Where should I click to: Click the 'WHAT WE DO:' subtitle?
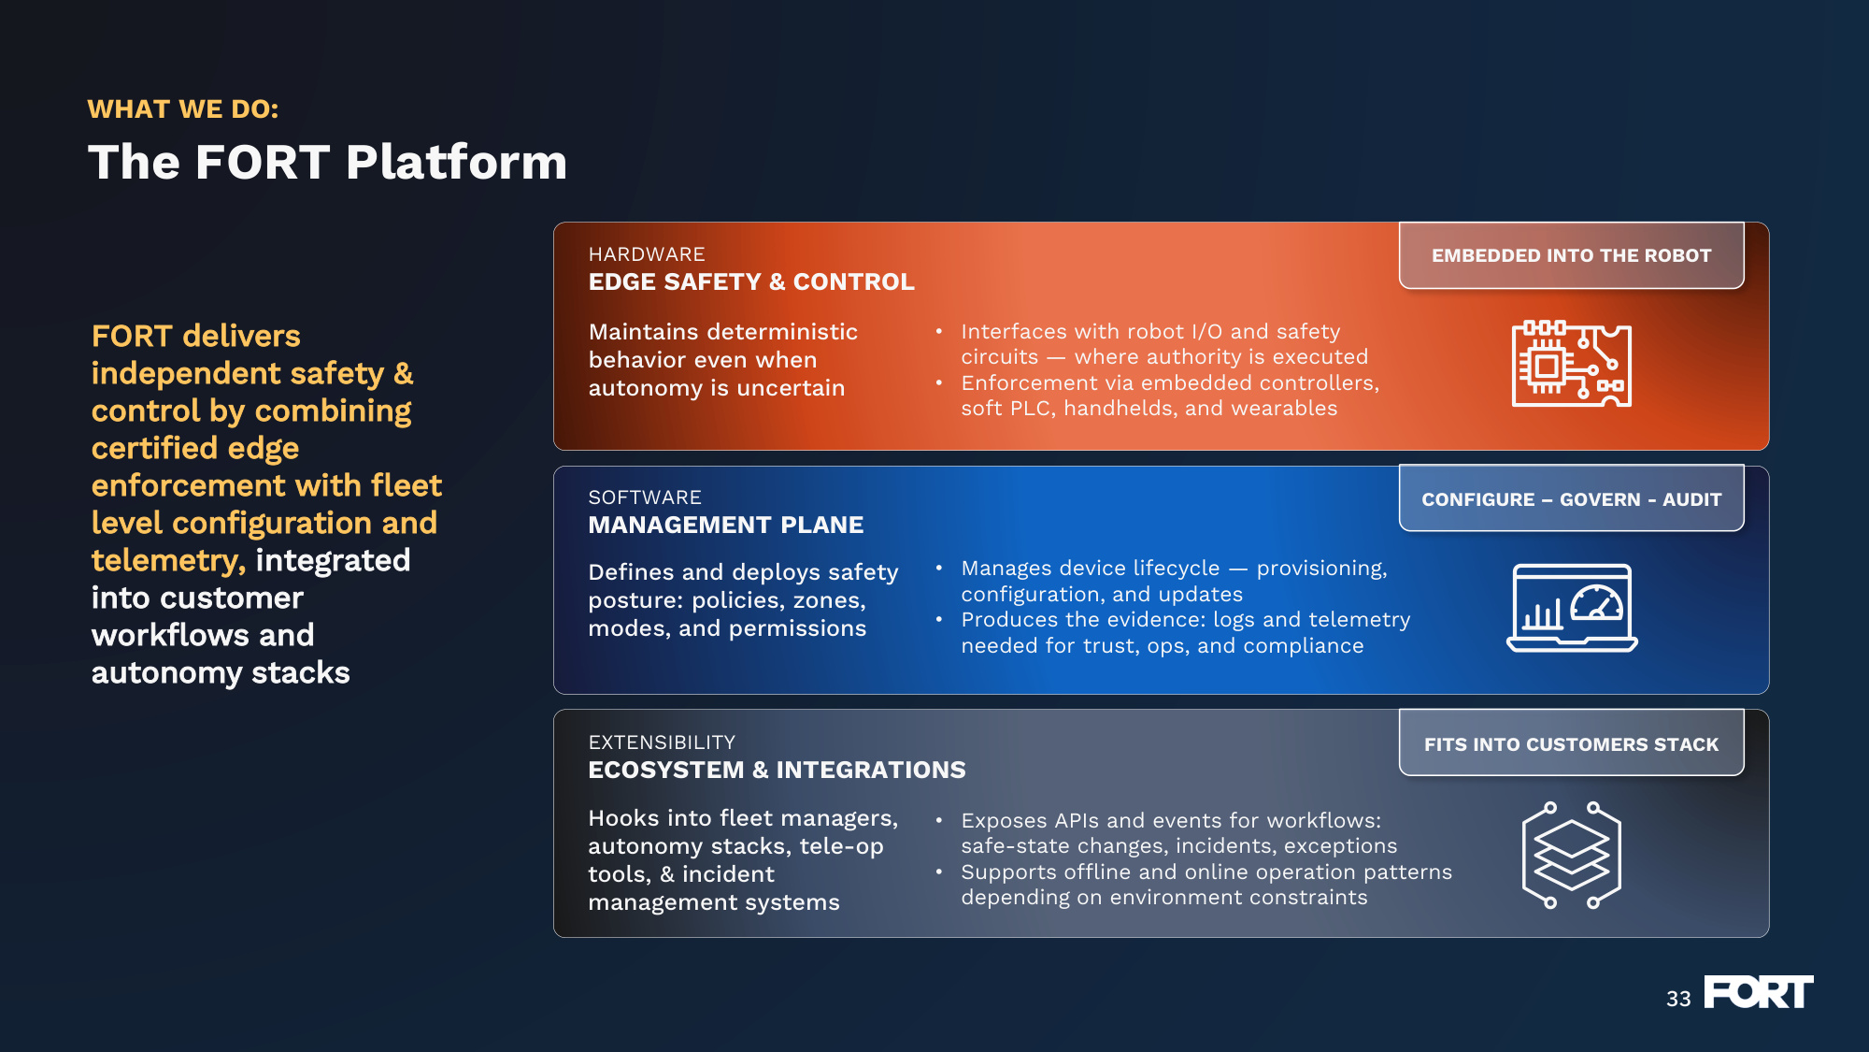pos(183,109)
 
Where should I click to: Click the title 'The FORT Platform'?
pos(327,162)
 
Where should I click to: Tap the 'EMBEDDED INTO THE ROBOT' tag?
pos(1571,255)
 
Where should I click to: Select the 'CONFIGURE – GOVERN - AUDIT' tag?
pos(1571,499)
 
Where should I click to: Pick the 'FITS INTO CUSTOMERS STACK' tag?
pos(1571,744)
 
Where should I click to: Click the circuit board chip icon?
pos(1572,364)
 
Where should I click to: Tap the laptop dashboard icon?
pos(1572,608)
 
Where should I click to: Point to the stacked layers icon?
pos(1572,855)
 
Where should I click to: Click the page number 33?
pos(1678,999)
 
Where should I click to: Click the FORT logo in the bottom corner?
pos(1759,992)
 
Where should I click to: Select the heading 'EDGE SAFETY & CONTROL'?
pos(751,281)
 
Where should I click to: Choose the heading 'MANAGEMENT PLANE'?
pos(726,525)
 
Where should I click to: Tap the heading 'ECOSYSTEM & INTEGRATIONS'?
pos(777,770)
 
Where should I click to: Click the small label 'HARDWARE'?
pos(647,254)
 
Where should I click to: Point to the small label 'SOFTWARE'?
pos(645,497)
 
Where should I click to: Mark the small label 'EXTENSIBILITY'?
pos(662,742)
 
